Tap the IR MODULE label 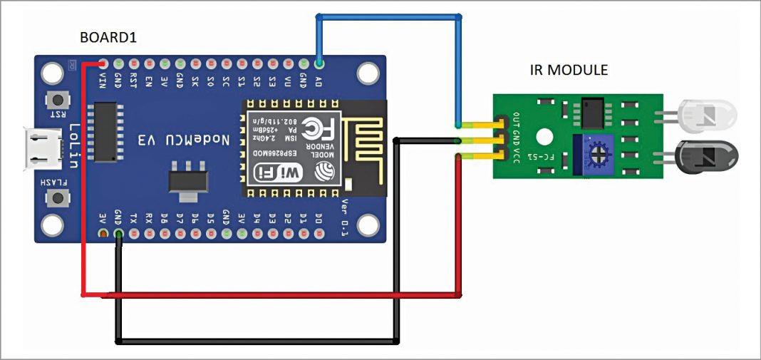tap(569, 71)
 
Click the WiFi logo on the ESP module tap(275, 173)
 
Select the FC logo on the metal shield tap(311, 129)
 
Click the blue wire tap(389, 16)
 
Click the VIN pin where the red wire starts tap(104, 63)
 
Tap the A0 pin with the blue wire tap(319, 63)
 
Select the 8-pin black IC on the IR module tap(591, 110)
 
